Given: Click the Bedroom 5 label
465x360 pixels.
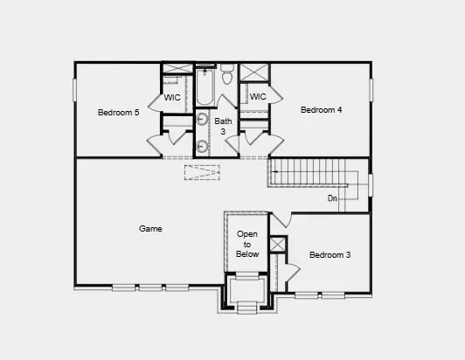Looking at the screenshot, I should pos(118,113).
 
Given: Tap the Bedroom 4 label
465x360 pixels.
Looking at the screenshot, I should pos(321,110).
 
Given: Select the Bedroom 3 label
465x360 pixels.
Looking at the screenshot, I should pos(330,255).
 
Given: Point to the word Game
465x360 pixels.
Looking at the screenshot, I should pos(150,229).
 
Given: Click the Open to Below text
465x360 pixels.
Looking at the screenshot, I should pos(247,244).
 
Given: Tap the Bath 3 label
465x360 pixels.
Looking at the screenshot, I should pos(225,126).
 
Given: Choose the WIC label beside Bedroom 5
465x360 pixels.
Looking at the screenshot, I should pos(172,98).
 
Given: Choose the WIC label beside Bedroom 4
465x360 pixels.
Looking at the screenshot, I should pos(257,97).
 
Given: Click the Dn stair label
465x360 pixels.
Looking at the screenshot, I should pos(332,199).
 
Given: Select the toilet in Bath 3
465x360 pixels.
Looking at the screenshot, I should pos(227,76).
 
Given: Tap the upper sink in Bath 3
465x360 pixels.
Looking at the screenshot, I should pos(202,121).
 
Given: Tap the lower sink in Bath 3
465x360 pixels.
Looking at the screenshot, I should pos(202,146).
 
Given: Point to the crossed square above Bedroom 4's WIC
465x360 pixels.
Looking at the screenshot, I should pos(255,73).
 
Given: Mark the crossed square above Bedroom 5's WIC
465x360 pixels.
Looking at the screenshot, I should pos(177,70).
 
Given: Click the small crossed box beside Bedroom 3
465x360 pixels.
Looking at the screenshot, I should pos(277,245).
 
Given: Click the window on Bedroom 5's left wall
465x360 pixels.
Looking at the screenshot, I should pos(75,89).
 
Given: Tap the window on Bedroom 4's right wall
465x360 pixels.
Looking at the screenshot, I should pos(371,89).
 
